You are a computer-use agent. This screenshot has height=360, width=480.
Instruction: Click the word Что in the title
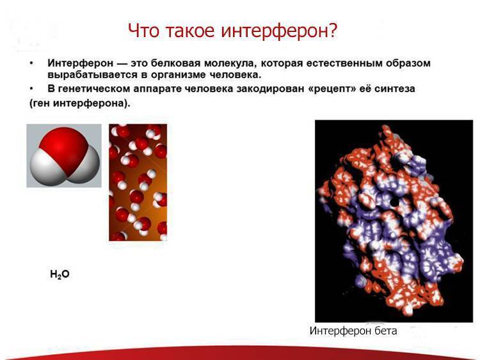pos(143,29)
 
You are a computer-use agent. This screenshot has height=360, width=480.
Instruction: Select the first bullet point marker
pos(31,64)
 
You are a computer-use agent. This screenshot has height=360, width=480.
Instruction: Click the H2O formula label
pos(59,274)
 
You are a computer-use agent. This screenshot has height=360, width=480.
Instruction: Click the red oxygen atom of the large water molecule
pos(67,144)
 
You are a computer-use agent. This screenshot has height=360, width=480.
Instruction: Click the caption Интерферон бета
pos(353,331)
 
